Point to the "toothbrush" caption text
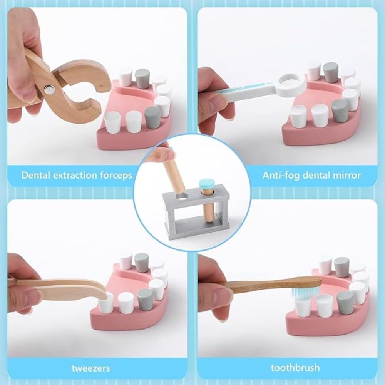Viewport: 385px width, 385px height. click(295, 368)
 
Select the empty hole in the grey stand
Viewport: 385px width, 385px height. click(182, 197)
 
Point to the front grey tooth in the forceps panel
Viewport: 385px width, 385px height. click(153, 115)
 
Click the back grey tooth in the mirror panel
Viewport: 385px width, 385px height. click(330, 72)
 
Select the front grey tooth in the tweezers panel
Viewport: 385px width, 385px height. click(146, 299)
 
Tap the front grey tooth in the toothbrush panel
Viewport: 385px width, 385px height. click(345, 303)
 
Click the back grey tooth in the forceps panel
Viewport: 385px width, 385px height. click(142, 79)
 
